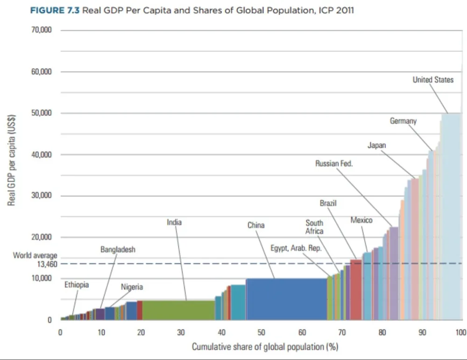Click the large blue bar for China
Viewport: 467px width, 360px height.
(x=287, y=299)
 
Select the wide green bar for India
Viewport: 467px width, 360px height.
(x=178, y=310)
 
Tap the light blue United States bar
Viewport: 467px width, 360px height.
(x=452, y=217)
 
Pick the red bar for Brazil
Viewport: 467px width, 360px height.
(x=355, y=289)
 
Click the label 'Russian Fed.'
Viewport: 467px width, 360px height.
(x=334, y=163)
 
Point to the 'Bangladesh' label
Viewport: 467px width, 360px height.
(x=118, y=249)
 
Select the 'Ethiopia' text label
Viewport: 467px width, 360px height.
(x=77, y=285)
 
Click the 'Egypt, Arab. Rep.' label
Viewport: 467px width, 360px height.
(x=296, y=248)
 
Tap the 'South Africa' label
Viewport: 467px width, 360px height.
(x=314, y=227)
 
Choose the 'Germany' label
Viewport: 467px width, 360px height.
(x=403, y=121)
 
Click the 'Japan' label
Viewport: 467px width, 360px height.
(x=377, y=145)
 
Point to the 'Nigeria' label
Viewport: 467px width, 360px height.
(x=132, y=287)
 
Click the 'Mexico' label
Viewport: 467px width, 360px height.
(x=361, y=220)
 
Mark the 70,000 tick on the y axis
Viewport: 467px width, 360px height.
(x=42, y=30)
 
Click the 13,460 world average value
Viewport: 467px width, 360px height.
(x=47, y=264)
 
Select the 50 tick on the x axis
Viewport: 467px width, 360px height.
(x=261, y=332)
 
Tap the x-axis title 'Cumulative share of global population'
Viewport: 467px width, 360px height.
(x=258, y=347)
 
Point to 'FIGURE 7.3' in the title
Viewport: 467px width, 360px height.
(x=55, y=10)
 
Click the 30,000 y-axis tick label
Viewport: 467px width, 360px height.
(x=42, y=195)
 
